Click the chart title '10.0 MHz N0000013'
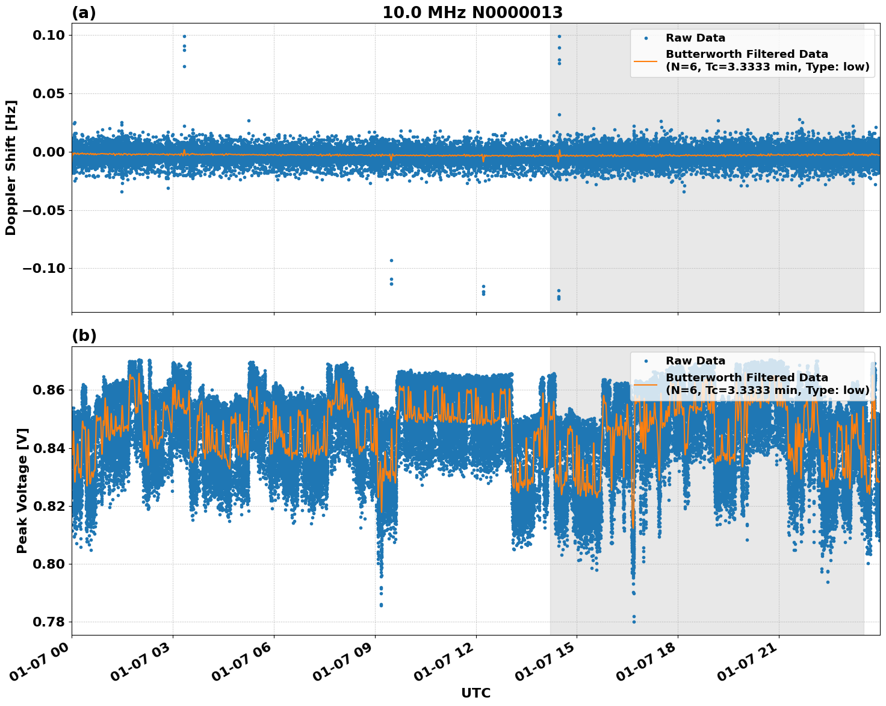point(472,13)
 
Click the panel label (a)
point(84,13)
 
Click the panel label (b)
point(84,336)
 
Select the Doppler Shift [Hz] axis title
point(11,167)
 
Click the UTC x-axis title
point(476,693)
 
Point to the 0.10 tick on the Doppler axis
point(48,36)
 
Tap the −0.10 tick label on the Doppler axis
point(43,269)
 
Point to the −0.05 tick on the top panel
point(43,210)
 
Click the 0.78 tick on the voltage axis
point(48,622)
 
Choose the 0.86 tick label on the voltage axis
point(48,390)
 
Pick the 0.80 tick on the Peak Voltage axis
point(48,564)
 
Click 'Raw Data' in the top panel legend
point(695,38)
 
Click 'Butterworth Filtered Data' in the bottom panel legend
point(746,378)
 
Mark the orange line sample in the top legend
point(645,61)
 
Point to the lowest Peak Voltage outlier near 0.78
point(633,622)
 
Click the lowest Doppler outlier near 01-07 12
point(483,294)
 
